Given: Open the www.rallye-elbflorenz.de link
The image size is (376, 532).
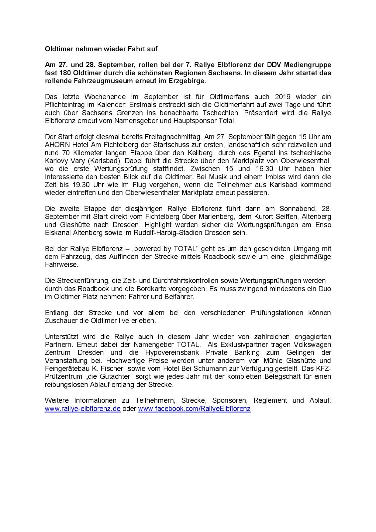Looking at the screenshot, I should click(x=82, y=409).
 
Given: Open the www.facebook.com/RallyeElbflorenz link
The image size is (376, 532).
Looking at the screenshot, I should click(x=194, y=409).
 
